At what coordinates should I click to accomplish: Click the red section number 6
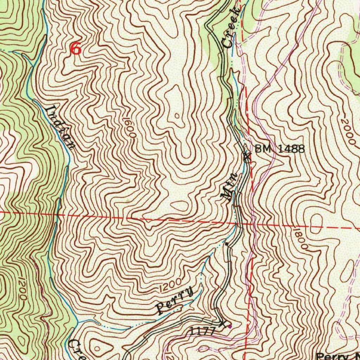76,48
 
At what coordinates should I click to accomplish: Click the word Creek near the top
232,28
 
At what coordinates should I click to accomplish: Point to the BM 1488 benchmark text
279,149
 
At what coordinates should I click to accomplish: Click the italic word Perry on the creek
175,301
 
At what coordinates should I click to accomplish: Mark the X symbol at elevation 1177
222,323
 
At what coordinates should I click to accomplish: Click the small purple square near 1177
230,327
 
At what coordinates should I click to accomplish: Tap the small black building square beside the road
226,244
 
